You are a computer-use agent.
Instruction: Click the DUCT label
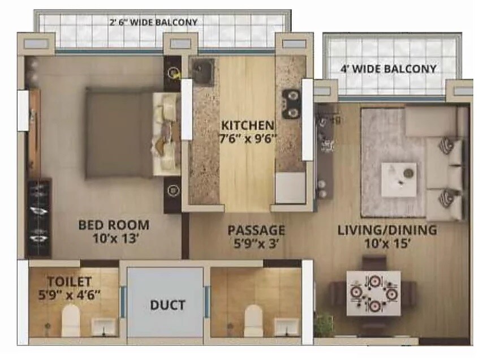(167, 305)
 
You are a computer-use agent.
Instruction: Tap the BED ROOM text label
(113, 225)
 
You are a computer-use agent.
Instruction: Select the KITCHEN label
(248, 125)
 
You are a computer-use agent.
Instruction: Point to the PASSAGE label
(256, 230)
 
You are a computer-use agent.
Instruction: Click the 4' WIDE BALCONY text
(389, 69)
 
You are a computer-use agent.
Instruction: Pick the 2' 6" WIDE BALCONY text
(153, 23)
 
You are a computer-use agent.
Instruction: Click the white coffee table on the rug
(399, 179)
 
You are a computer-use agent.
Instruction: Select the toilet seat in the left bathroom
(72, 320)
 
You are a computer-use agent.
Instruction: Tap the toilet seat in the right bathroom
(253, 320)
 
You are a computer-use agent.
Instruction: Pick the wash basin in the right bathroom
(286, 326)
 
